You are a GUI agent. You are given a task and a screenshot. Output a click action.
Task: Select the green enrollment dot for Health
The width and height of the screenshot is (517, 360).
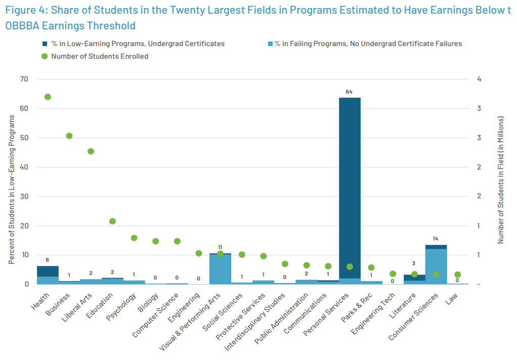(x=48, y=97)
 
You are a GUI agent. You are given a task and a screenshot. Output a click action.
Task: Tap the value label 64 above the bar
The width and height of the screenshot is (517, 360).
(x=349, y=92)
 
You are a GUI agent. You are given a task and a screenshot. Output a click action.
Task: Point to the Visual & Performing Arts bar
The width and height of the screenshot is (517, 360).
(x=220, y=269)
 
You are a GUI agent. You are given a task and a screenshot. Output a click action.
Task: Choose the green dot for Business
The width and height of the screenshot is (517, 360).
(x=69, y=136)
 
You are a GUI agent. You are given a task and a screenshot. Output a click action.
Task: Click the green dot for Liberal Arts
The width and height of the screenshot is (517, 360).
(x=91, y=151)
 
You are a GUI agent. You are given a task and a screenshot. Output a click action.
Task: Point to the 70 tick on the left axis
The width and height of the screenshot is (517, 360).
(x=24, y=79)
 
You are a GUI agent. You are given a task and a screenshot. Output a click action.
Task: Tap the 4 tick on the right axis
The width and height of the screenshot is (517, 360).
(x=479, y=79)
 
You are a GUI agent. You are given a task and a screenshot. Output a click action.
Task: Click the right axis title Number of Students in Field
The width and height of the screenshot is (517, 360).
(x=501, y=180)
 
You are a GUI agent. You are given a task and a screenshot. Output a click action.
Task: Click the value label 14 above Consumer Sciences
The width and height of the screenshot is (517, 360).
(x=436, y=238)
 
